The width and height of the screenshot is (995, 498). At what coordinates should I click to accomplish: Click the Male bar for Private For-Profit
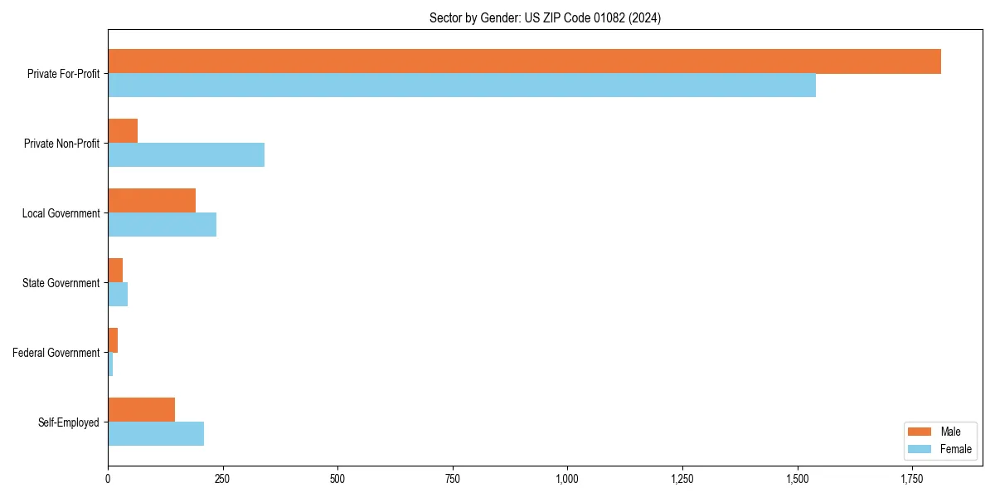click(524, 61)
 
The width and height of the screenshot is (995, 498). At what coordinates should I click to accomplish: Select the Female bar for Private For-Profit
click(462, 85)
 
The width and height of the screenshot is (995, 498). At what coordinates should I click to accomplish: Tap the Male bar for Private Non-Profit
click(123, 131)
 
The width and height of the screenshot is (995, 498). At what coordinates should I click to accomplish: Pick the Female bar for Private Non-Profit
click(187, 155)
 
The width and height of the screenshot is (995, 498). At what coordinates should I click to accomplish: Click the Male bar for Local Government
click(152, 201)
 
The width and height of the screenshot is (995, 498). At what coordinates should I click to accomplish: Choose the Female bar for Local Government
click(163, 225)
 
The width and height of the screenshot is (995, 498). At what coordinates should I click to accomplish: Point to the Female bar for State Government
click(118, 295)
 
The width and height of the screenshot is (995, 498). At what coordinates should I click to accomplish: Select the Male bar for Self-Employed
click(142, 410)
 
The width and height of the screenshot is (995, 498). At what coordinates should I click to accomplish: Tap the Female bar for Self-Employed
click(156, 434)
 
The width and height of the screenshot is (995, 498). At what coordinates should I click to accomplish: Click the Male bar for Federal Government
click(113, 340)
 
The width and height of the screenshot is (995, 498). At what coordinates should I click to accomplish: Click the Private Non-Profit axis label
click(61, 144)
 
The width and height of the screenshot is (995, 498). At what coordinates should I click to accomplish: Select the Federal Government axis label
click(56, 353)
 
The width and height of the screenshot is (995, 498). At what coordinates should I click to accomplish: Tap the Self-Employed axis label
click(69, 422)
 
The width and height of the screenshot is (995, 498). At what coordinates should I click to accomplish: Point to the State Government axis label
click(61, 283)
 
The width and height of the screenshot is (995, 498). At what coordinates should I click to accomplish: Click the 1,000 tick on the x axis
click(567, 479)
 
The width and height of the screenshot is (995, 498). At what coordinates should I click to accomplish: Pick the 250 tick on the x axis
click(223, 479)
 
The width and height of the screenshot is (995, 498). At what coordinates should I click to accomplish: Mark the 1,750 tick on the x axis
click(911, 479)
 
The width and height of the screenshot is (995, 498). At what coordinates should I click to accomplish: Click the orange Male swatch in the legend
click(920, 432)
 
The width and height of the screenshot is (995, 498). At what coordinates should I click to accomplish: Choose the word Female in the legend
click(955, 449)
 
